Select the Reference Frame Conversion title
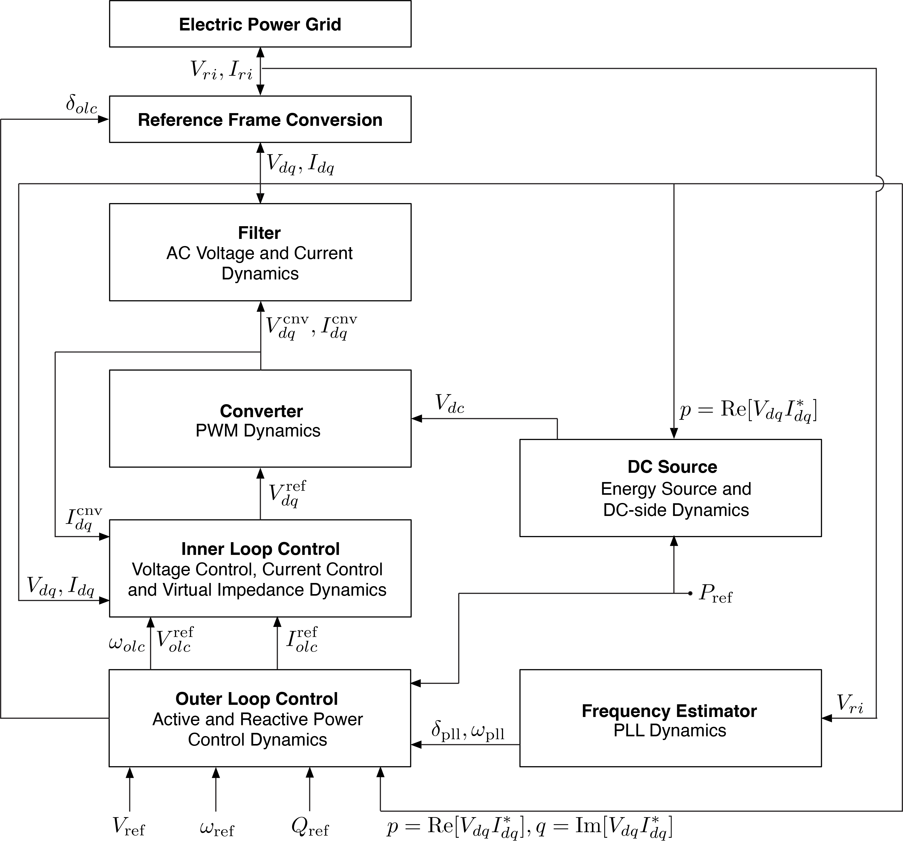260,120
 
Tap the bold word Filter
259,233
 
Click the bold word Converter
261,411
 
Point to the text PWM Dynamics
258,430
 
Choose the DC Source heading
672,467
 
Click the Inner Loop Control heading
260,549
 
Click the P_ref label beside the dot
715,593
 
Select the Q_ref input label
310,827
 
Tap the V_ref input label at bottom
129,827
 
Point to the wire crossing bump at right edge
879,184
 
